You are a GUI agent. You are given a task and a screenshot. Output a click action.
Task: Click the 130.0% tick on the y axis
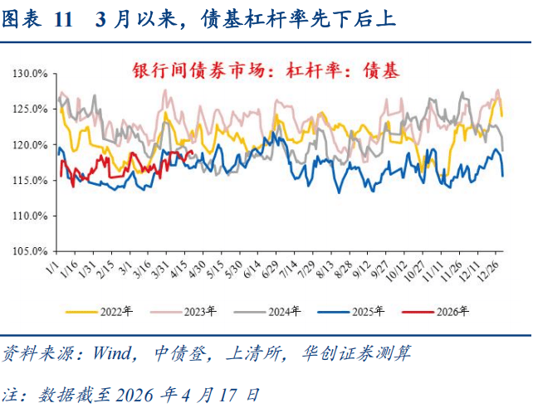(x=31, y=74)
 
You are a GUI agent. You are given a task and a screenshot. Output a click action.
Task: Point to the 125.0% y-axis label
(x=31, y=109)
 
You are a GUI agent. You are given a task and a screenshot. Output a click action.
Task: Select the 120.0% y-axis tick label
(x=31, y=145)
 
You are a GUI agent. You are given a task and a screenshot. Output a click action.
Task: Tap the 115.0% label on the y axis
(x=31, y=181)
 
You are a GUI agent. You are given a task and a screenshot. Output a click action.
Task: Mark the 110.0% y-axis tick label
(x=31, y=216)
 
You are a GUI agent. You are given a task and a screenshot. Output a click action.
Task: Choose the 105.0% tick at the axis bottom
(x=31, y=251)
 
